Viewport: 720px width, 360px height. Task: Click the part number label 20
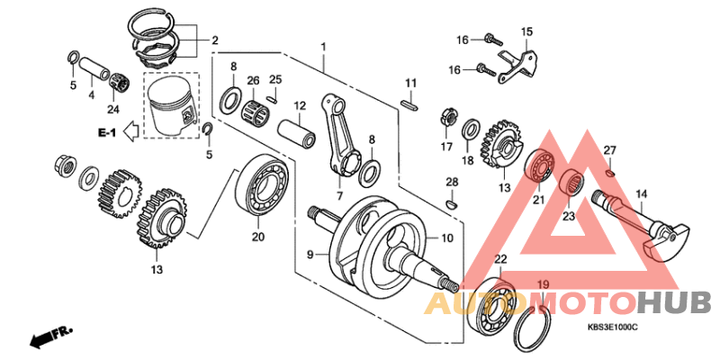tap(259, 238)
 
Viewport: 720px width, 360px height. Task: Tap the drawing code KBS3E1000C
tap(612, 328)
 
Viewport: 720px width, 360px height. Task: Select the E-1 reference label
tap(107, 133)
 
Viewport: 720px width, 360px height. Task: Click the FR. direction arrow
tap(50, 337)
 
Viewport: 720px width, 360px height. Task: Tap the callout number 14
tap(642, 193)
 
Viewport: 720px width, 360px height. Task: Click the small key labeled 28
tap(452, 204)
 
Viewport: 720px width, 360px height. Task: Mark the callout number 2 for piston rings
tap(215, 40)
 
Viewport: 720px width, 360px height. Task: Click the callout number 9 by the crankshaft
tap(310, 256)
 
